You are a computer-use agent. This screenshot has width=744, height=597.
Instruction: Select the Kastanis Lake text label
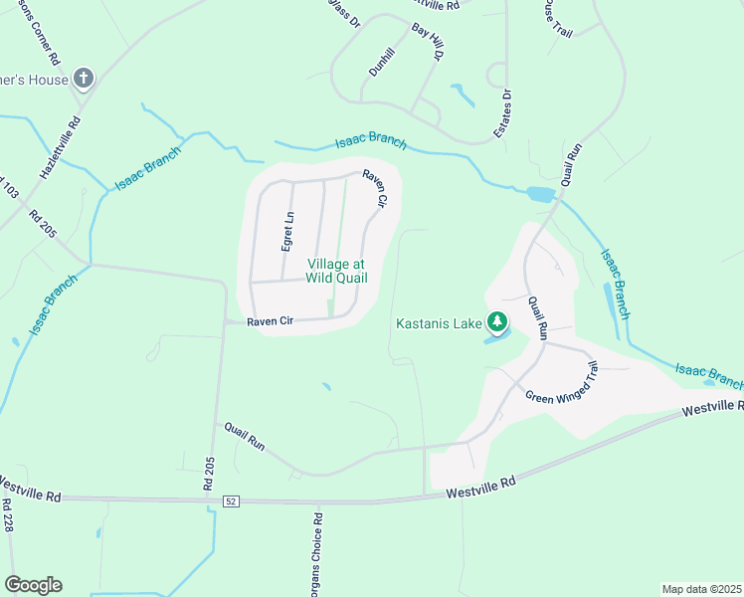click(439, 322)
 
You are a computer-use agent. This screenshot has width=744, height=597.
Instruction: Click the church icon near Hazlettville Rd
click(85, 78)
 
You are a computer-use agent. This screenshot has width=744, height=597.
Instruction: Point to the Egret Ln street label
click(287, 231)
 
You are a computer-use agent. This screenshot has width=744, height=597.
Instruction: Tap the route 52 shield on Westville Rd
click(231, 498)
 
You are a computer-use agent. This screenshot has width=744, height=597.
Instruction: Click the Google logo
click(33, 585)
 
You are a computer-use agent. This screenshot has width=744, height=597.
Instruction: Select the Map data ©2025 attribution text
click(701, 589)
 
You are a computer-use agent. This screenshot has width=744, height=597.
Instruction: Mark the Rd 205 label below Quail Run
click(208, 474)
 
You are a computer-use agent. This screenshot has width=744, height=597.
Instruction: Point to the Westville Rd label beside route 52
click(481, 488)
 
